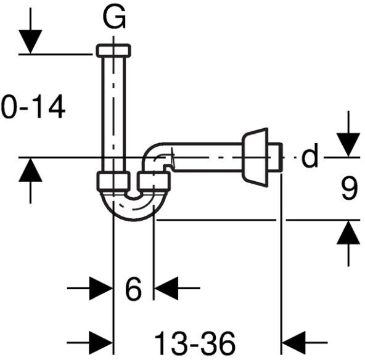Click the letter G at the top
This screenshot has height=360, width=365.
click(x=114, y=17)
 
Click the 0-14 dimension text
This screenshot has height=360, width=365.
click(x=33, y=107)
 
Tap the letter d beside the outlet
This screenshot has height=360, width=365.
click(x=310, y=155)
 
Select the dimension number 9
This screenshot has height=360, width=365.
click(x=349, y=188)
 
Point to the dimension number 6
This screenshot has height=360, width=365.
click(x=133, y=288)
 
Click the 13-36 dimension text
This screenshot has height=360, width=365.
click(x=195, y=343)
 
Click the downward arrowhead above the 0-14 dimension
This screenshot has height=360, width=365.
click(x=30, y=42)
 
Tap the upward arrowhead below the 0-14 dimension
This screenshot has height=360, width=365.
click(x=30, y=170)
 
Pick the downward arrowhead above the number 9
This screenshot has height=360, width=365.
click(x=348, y=145)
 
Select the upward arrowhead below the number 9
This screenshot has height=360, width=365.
click(x=348, y=232)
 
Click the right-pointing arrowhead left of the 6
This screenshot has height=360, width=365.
click(x=101, y=288)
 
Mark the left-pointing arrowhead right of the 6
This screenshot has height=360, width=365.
click(x=166, y=288)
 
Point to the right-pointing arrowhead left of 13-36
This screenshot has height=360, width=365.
click(x=101, y=343)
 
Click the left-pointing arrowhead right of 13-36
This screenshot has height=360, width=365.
click(x=293, y=343)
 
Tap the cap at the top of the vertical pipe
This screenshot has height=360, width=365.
click(x=113, y=51)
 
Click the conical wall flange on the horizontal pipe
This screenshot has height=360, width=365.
click(x=255, y=158)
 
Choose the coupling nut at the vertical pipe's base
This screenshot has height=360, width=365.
click(x=113, y=181)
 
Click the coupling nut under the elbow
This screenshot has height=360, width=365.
click(x=154, y=181)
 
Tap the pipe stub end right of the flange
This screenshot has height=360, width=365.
click(x=275, y=158)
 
